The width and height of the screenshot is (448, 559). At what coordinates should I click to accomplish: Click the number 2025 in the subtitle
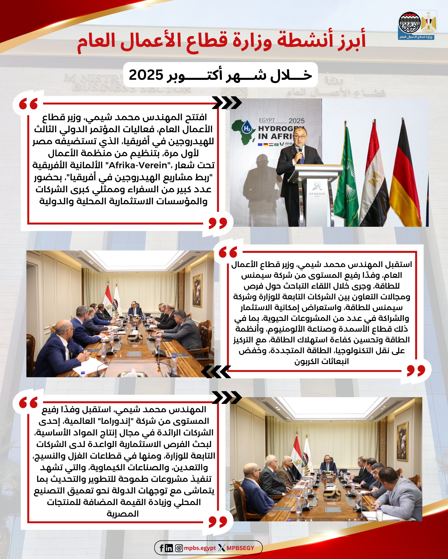pos(146,75)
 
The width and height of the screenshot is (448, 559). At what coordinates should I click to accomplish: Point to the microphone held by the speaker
pos(301,152)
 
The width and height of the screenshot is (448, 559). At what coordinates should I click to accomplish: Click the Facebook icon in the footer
pos(161,548)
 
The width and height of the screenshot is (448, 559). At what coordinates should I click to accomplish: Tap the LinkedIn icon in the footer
pos(169,548)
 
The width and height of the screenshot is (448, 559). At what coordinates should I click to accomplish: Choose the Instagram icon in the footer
pos(179,548)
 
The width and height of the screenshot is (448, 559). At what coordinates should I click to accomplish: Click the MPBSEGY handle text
pos(240,548)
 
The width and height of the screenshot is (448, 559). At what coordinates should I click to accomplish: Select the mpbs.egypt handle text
pos(200,548)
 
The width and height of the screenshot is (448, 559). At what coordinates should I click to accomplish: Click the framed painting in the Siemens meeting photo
pos(197,290)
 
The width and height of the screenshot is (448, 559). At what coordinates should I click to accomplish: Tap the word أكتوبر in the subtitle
pos(194,75)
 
